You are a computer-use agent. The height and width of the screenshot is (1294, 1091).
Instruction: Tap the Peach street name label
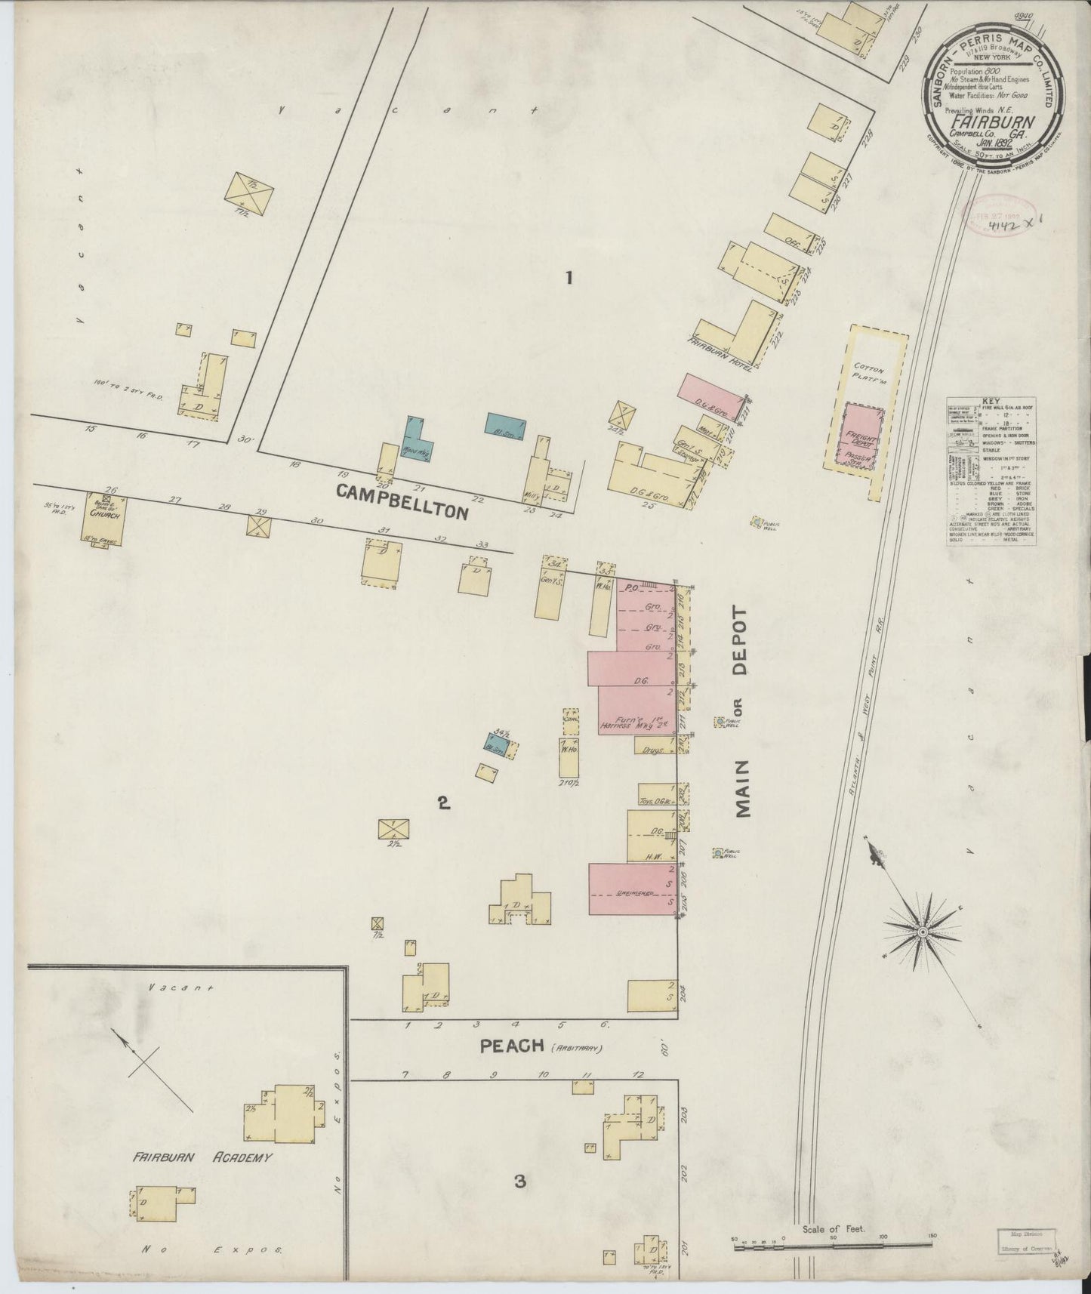tap(512, 1046)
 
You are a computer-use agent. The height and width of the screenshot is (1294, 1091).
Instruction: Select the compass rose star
tap(921, 934)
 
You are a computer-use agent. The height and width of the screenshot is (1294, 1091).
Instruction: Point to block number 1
tap(569, 278)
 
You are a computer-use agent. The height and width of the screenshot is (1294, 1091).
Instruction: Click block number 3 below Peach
tap(519, 1182)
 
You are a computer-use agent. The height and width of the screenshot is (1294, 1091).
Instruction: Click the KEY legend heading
tap(990, 402)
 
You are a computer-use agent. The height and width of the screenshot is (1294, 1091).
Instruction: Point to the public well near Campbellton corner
tap(758, 522)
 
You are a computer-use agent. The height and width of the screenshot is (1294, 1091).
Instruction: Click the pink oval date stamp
tap(995, 213)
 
